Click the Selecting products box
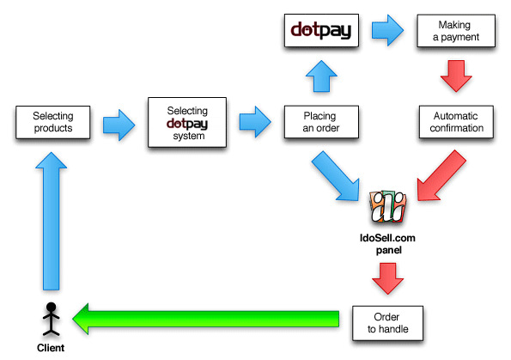52,122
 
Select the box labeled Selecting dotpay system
187,122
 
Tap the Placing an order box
321,122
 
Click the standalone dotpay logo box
321,30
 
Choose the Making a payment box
456,31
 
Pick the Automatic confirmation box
456,122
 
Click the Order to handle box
388,323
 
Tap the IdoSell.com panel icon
388,207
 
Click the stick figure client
52,319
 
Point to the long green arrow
206,319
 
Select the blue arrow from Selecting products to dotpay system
119,125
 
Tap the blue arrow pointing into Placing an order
255,122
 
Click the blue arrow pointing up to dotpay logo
321,76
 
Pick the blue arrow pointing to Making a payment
388,30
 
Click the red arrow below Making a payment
456,76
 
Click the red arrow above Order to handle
388,278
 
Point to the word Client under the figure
51,348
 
